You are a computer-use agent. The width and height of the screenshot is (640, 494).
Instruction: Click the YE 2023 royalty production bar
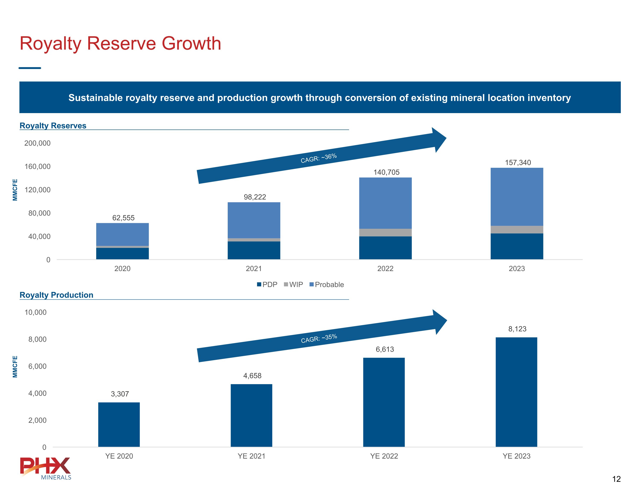[516, 392]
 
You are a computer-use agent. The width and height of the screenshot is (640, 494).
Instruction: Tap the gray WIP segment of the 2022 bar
[385, 232]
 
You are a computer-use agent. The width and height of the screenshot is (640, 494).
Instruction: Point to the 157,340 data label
[518, 162]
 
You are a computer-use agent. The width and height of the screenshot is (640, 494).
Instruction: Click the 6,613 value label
[385, 349]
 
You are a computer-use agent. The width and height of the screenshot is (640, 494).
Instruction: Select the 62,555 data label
[123, 218]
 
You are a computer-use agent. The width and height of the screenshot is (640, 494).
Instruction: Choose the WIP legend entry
[293, 284]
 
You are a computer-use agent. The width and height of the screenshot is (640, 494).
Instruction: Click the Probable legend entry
[327, 284]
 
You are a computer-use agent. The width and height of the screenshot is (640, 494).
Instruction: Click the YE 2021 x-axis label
[252, 456]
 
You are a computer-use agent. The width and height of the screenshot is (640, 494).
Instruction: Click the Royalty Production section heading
[56, 295]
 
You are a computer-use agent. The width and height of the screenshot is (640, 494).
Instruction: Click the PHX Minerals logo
[45, 468]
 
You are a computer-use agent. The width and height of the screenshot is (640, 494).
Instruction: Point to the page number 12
[616, 479]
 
